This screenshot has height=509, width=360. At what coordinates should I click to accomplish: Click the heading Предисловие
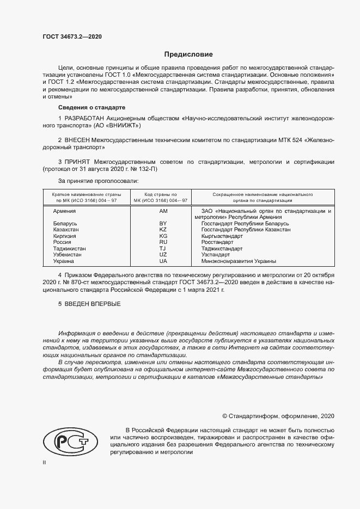[189, 54]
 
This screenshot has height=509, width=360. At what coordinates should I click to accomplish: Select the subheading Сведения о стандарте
[91, 107]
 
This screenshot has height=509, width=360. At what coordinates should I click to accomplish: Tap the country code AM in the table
[163, 210]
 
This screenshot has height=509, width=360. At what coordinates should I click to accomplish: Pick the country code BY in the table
[163, 224]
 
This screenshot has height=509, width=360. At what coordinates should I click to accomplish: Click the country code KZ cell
[163, 230]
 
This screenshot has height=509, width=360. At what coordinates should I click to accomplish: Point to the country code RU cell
[163, 242]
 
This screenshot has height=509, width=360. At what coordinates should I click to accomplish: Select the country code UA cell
[163, 261]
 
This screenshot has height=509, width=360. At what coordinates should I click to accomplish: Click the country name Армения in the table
[65, 210]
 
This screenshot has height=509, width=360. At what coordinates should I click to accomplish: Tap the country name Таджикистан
[70, 249]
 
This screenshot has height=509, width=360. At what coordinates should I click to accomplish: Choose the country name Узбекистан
[68, 255]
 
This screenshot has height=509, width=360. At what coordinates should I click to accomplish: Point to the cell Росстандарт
[219, 242]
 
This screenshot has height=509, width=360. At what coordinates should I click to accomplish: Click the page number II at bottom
[45, 462]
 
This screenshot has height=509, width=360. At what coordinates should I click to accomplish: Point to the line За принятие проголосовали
[98, 180]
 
